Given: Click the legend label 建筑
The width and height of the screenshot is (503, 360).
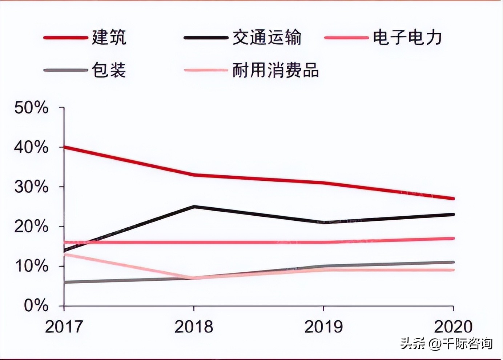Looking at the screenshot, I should [109, 37].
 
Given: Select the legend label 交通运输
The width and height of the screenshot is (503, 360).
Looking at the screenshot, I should [267, 37].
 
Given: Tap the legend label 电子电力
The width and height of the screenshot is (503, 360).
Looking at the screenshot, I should [407, 37].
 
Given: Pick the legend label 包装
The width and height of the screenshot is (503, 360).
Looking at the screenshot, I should [109, 70].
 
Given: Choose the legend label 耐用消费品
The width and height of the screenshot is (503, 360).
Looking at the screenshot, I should [275, 70].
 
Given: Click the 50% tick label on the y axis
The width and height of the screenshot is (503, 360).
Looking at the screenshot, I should [31, 108].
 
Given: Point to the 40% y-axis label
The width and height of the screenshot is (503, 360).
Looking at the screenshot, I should [31, 147].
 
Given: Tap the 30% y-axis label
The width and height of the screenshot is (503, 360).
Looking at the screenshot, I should [31, 187].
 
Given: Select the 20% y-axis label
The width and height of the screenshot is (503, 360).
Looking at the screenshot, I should [31, 227].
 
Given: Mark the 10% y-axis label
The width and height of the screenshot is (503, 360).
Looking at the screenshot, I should [31, 266].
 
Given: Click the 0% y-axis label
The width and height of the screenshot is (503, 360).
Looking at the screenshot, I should [36, 305].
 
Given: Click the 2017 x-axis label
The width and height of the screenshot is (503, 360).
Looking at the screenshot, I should [64, 327].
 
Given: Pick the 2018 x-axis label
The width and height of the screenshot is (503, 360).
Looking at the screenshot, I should [194, 327].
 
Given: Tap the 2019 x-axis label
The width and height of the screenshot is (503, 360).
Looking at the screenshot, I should [323, 327].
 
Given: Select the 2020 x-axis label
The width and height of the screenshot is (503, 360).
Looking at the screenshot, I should [453, 327].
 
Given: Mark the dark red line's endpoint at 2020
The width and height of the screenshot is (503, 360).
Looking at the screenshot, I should [453, 199].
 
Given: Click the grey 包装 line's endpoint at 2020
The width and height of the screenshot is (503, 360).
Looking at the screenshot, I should [453, 262].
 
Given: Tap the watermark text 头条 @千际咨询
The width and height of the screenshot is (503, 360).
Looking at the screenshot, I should [446, 343].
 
